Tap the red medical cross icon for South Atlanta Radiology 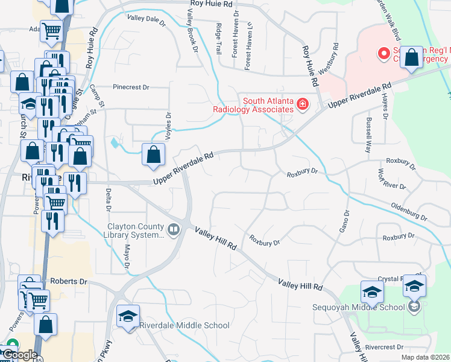303,106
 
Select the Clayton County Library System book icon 174,229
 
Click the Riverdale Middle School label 184,325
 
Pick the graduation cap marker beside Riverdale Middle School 128,317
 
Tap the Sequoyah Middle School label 358,307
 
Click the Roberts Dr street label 69,281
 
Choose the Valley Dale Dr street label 146,20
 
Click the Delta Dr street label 109,200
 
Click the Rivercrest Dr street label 383,347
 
